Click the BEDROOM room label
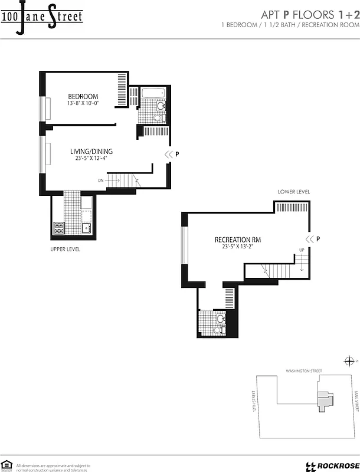tap(83, 96)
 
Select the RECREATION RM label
tap(238, 240)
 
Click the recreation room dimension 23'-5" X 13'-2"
tap(238, 248)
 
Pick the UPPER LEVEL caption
tap(65, 250)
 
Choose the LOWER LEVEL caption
tap(294, 192)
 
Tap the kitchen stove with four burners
tap(59, 226)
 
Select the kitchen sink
tap(86, 227)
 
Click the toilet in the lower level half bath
tap(221, 319)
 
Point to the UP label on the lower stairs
tap(302, 250)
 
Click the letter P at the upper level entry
tap(177, 155)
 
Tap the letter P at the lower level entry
tap(318, 239)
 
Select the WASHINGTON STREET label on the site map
tap(303, 371)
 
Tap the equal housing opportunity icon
tap(7, 464)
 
